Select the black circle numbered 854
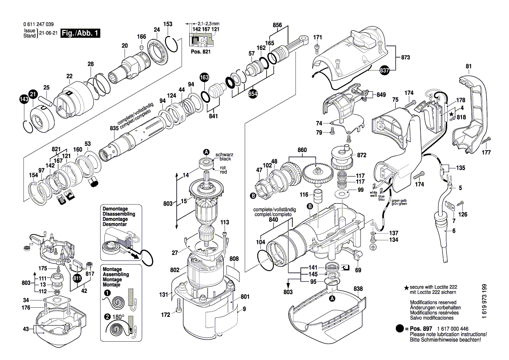253,95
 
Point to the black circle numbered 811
78,277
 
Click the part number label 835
114,129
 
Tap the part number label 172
165,314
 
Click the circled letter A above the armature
206,152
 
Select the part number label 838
358,289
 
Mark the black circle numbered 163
204,78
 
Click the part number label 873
406,58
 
